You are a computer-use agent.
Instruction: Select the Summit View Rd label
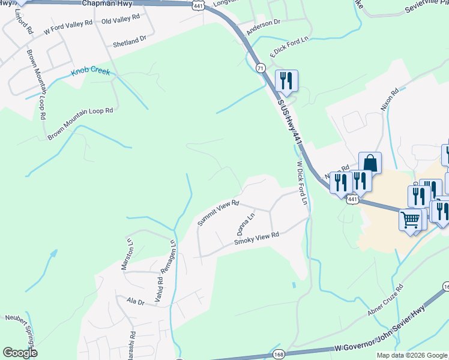click(x=219, y=214)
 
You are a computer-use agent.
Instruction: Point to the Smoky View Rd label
click(x=257, y=239)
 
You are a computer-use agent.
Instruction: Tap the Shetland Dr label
click(x=130, y=41)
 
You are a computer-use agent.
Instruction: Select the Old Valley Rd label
click(x=121, y=20)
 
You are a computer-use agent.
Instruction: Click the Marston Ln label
click(x=127, y=254)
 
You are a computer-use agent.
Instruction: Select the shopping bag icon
click(x=370, y=163)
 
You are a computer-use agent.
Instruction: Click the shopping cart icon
click(x=411, y=220)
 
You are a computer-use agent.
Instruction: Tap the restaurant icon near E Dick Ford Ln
click(x=286, y=81)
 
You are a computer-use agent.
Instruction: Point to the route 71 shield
click(x=260, y=68)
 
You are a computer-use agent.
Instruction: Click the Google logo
click(x=20, y=353)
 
